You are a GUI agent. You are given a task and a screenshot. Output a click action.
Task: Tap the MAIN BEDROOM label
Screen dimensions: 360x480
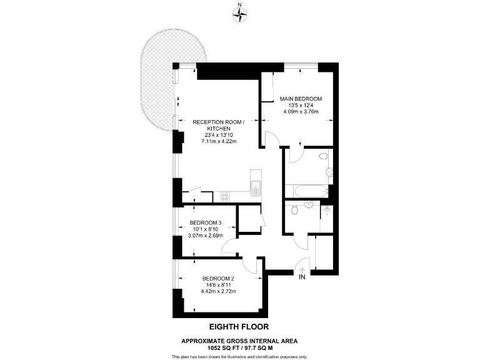[301, 99]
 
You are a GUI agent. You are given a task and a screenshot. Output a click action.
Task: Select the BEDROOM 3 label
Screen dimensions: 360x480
[206, 223]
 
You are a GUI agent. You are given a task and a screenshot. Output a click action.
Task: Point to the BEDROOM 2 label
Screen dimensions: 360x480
[217, 279]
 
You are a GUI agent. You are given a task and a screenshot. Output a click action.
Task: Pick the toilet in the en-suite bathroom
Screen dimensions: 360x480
[322, 156]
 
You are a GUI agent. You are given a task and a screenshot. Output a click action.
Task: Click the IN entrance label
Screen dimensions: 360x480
[302, 276]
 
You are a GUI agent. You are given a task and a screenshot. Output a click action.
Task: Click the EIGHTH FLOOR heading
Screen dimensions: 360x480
[239, 326]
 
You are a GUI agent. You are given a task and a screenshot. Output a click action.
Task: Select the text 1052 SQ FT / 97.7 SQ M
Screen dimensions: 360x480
[239, 347]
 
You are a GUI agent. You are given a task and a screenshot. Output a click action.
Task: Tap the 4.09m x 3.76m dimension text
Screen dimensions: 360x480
[301, 112]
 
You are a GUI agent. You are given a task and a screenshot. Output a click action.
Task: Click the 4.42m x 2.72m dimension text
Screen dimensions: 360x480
[217, 292]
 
